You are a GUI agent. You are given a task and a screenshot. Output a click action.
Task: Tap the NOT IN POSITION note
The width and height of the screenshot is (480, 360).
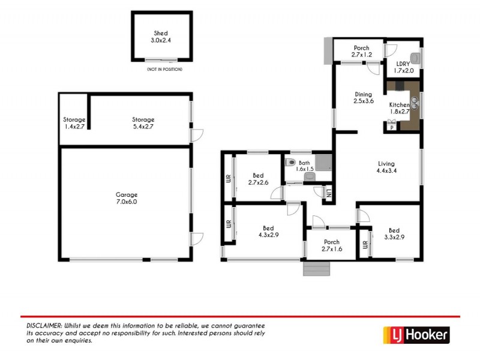click(x=164, y=70)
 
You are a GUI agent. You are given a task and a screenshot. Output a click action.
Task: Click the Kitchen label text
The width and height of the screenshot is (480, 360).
click(x=399, y=105)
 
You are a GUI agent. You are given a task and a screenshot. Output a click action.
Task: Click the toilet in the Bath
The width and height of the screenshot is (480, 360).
click(x=290, y=163)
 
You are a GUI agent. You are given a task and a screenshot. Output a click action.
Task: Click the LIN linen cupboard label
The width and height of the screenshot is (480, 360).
click(x=329, y=193)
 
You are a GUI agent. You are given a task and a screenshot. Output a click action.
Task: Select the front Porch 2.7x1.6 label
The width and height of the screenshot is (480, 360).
click(x=331, y=245)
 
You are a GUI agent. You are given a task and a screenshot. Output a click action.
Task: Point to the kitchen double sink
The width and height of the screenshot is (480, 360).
click(x=413, y=104)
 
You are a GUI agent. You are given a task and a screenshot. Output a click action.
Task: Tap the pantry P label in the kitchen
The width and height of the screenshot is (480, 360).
click(x=391, y=127)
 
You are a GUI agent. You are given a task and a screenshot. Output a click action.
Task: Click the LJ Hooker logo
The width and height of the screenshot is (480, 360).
click(x=416, y=335)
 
